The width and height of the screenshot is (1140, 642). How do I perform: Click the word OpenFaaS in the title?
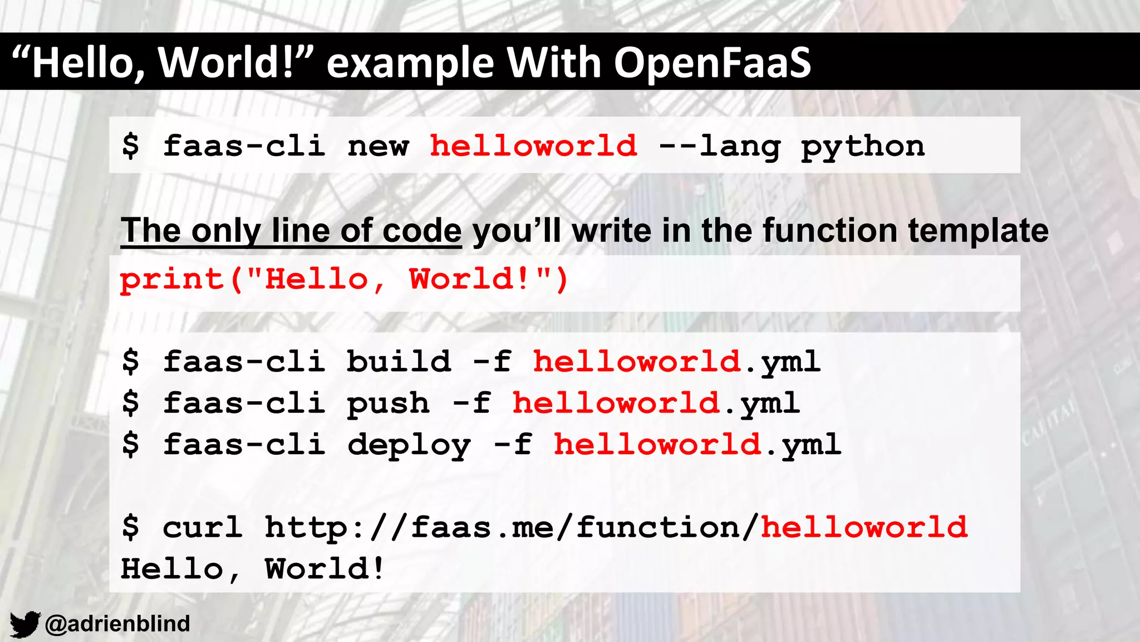click(x=712, y=62)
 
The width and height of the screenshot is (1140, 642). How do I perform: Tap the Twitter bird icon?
click(x=25, y=624)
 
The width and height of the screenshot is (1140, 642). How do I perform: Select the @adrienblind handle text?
click(x=117, y=624)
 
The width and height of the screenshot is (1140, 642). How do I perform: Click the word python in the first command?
click(x=862, y=147)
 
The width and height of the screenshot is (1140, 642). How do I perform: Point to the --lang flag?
click(x=719, y=147)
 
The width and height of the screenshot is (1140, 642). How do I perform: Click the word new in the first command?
click(x=378, y=147)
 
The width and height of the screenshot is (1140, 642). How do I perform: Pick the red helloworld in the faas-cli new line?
click(x=533, y=146)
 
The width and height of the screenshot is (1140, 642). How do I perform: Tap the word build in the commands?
click(x=399, y=362)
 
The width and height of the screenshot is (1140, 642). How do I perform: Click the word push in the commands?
click(x=388, y=403)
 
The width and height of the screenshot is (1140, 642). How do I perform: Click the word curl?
click(x=203, y=527)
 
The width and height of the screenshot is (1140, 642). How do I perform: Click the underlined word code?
click(x=422, y=230)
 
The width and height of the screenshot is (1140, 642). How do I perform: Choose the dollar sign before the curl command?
click(x=131, y=527)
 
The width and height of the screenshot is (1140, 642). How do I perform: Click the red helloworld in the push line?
click(x=616, y=403)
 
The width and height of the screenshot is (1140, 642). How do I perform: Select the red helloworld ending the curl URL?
click(x=864, y=527)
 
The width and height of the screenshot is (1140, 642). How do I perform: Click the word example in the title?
click(x=410, y=62)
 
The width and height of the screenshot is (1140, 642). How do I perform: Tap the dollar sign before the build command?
click(x=131, y=362)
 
